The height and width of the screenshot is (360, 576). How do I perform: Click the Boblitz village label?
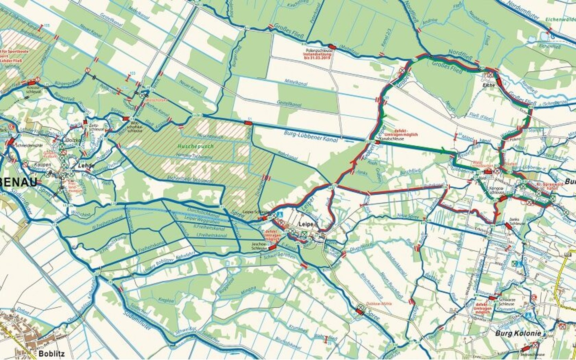coord(52,354)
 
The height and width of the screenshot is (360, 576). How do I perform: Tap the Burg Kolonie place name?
coord(518,333)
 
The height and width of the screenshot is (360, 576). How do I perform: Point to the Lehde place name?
coord(86,165)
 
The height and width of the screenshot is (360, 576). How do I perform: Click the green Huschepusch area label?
coord(196,146)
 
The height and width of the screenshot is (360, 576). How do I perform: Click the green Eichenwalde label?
coord(559,19)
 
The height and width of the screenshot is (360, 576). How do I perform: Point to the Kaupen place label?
coord(42,164)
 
